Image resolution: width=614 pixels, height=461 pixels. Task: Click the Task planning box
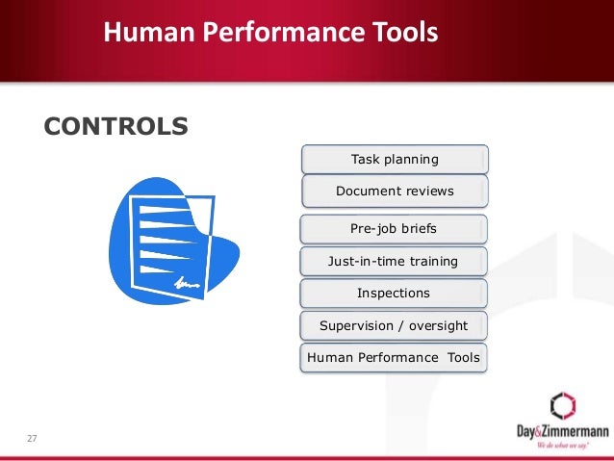coord(395,159)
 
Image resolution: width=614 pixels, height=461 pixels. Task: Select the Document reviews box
coord(395,191)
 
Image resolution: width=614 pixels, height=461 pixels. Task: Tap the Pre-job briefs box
coord(394,229)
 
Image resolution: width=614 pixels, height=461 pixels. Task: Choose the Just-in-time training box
coord(394,261)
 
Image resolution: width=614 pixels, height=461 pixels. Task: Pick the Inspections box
coord(394,293)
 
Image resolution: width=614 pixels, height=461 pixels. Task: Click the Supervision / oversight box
coord(394,325)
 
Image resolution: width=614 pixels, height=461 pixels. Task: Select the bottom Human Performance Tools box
coord(393,358)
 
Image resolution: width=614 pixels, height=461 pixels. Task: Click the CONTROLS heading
coord(115,126)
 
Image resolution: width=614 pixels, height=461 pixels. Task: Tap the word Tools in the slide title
coord(402,34)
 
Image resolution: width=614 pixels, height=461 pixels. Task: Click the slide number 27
coord(32,439)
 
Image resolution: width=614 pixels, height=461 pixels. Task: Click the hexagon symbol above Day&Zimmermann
coord(562,405)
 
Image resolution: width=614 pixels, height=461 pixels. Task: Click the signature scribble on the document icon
coord(187,283)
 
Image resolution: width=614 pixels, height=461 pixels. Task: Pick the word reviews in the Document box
coord(429,191)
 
